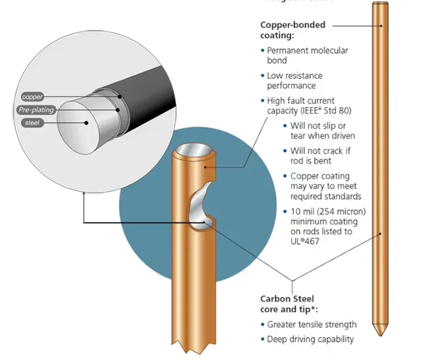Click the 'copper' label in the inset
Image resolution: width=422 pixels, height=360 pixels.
[x=33, y=97]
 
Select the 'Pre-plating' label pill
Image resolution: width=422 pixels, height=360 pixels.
[x=35, y=109]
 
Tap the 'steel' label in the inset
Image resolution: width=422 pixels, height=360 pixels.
[x=32, y=122]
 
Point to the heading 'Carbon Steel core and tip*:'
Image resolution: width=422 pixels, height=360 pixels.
[x=287, y=304]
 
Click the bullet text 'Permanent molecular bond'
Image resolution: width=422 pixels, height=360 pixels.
[x=308, y=55]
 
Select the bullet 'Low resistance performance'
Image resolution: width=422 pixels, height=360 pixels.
[x=300, y=81]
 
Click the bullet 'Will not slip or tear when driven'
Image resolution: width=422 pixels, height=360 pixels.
[x=323, y=130]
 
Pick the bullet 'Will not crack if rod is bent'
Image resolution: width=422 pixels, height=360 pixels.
[x=320, y=156]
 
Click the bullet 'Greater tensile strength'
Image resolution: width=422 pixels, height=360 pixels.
[x=311, y=325]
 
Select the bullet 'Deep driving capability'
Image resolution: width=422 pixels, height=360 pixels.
[x=310, y=339]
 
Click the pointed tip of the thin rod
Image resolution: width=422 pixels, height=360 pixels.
[x=379, y=332]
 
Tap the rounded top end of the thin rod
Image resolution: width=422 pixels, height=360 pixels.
[x=379, y=7]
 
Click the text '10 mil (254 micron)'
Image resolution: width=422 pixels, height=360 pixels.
[x=328, y=211]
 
